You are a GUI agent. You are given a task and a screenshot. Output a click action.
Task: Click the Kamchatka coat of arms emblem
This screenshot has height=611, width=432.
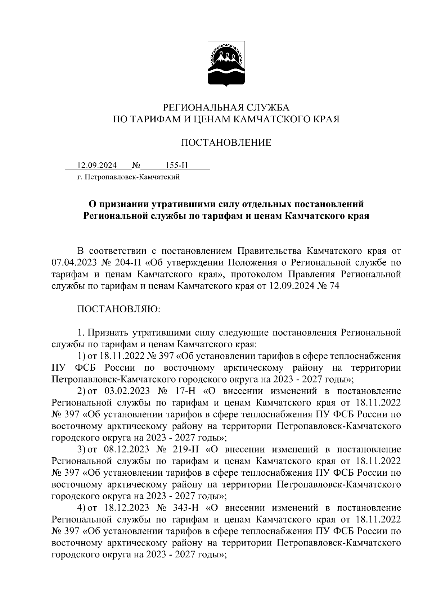click(x=226, y=64)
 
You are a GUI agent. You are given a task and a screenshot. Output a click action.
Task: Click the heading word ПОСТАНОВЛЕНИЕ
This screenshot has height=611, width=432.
click(x=226, y=143)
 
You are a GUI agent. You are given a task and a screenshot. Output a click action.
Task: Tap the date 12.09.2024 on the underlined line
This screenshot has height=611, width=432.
click(x=97, y=166)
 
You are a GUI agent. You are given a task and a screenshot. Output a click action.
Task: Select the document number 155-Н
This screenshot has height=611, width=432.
click(x=176, y=166)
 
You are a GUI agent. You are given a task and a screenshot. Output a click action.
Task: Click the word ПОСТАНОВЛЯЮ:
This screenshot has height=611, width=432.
click(x=119, y=309)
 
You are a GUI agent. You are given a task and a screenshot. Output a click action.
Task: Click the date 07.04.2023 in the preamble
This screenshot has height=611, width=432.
click(x=73, y=262)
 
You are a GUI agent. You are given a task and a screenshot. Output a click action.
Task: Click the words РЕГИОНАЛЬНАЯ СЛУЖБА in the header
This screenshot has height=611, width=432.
click(x=226, y=107)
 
